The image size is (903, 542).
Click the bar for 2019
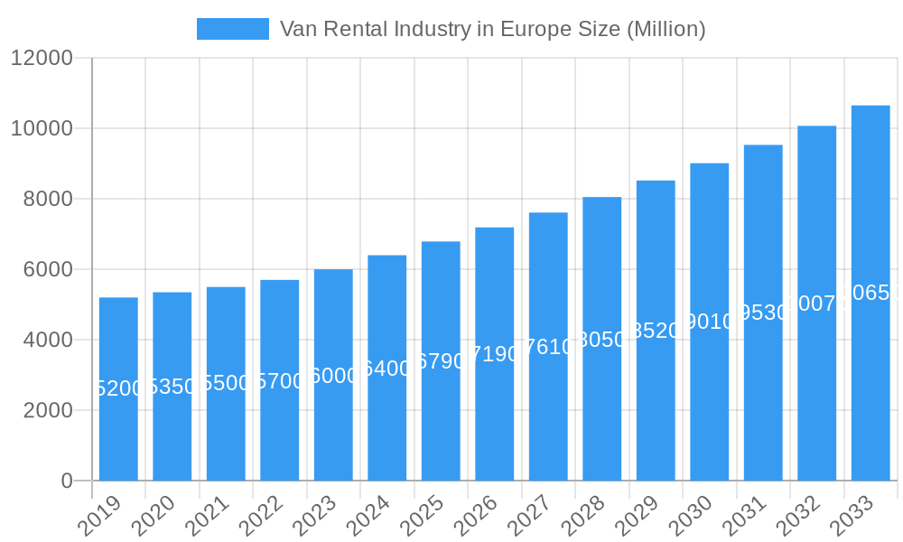coord(118,388)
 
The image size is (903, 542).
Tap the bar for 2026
coord(495,353)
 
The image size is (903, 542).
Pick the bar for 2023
coord(333,375)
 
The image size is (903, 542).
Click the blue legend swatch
coord(233,29)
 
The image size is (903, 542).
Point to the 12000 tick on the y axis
coord(42,58)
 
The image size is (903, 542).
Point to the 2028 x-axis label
coord(592,518)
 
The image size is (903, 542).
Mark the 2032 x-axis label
coord(807,518)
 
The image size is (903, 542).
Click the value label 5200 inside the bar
coord(118,388)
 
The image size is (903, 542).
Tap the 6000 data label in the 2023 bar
coord(333,376)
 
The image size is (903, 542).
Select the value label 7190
coord(495,354)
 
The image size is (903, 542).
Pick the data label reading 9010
coord(710,322)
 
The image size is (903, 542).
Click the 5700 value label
coord(280,381)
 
